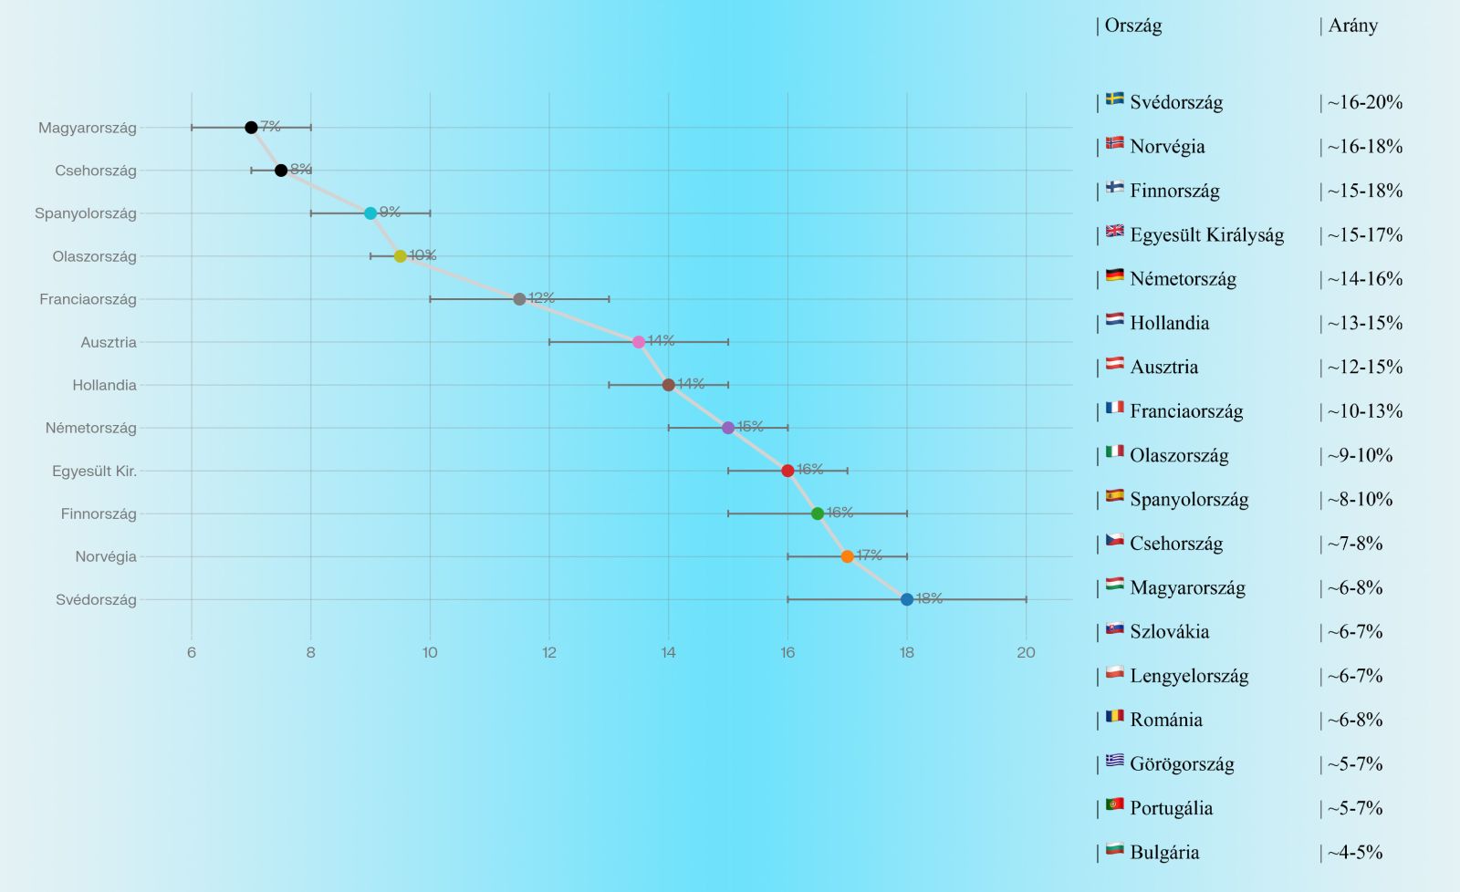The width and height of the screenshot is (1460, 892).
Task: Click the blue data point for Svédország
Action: (906, 599)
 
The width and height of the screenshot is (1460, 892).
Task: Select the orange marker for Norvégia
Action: (847, 556)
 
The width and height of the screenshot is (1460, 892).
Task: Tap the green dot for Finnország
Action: (818, 513)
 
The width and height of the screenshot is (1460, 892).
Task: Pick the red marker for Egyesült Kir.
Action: (787, 471)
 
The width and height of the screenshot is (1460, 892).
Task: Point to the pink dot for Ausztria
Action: (639, 342)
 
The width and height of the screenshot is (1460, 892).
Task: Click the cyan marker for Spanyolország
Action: (370, 213)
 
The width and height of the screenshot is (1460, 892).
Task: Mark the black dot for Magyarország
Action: (251, 128)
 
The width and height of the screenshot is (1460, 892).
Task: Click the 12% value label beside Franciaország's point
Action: (541, 298)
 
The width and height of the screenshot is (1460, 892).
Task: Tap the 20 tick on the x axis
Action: (1026, 652)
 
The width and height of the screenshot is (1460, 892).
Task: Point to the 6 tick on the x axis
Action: (192, 652)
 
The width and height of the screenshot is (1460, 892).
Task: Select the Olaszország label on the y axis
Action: (94, 256)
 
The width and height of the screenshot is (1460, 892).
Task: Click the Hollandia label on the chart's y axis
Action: (104, 385)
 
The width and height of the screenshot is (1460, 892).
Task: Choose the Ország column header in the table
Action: (1132, 26)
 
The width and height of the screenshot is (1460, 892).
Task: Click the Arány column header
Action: (1352, 26)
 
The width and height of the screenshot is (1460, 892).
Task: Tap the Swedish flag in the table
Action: (1114, 99)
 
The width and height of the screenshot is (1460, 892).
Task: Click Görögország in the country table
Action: (1182, 764)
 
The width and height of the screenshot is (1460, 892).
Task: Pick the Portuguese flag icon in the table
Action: (1114, 804)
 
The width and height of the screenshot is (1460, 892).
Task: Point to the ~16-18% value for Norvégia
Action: (1364, 146)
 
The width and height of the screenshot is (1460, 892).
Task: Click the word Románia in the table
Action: (1165, 720)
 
